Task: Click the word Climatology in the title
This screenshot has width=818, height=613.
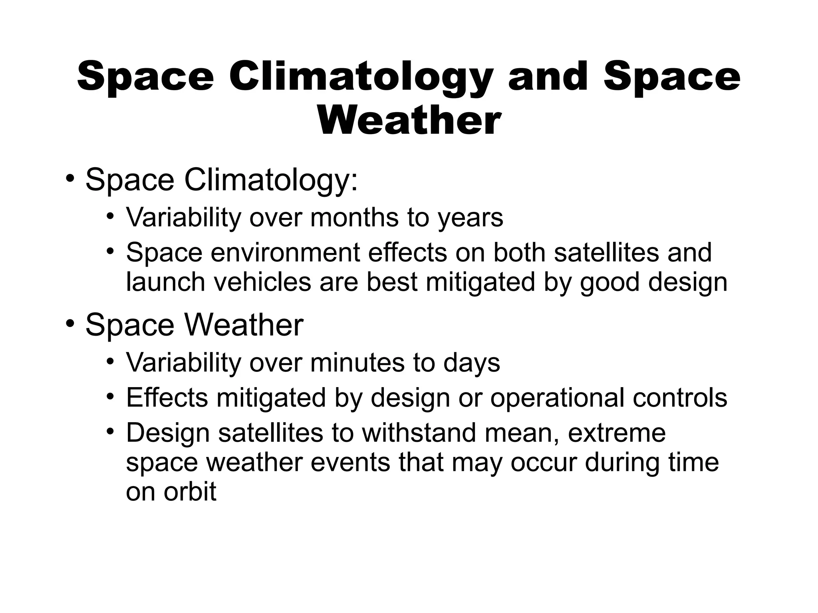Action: pos(359,77)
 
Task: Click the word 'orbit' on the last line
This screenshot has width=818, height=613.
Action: pos(189,492)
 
